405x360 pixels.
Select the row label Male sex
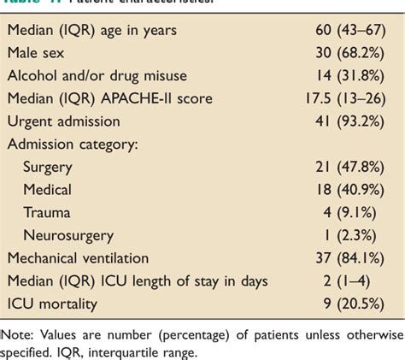[x=38, y=54]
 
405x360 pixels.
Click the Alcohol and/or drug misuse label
[x=97, y=74]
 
